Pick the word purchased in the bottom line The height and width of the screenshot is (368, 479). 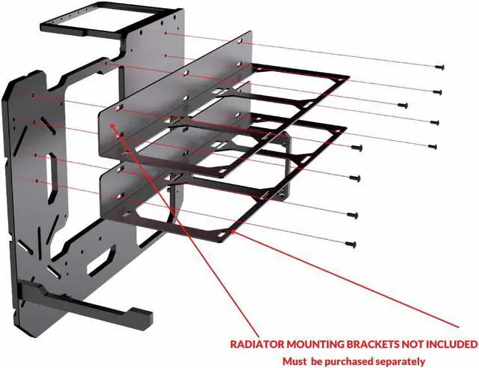[x=352, y=361]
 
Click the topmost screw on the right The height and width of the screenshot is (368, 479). [x=434, y=67]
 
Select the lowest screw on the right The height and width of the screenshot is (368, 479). [x=353, y=244]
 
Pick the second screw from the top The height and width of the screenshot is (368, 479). [x=437, y=91]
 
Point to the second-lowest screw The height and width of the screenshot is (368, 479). [x=352, y=214]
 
